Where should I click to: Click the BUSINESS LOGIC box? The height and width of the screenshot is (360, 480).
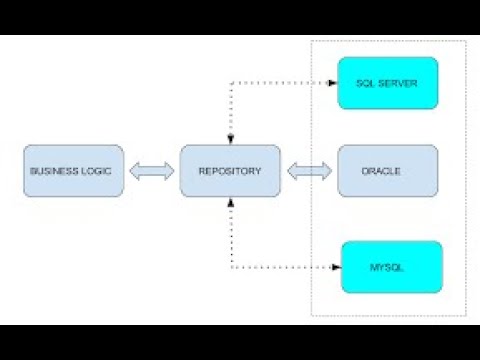point(74,171)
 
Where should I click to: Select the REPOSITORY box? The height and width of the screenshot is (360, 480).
point(230,171)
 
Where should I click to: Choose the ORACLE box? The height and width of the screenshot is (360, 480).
point(388,171)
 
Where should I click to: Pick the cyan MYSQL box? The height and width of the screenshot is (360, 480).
point(391,267)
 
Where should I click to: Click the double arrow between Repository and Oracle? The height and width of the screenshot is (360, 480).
point(309,172)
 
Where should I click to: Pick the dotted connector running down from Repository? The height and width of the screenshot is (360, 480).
point(231,235)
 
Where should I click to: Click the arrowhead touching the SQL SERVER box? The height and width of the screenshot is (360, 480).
point(333,83)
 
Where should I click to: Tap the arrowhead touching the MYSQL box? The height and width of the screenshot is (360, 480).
point(335,267)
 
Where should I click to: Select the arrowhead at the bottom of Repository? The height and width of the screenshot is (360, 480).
point(231,203)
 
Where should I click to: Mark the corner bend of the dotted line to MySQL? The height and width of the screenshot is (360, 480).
point(231,267)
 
